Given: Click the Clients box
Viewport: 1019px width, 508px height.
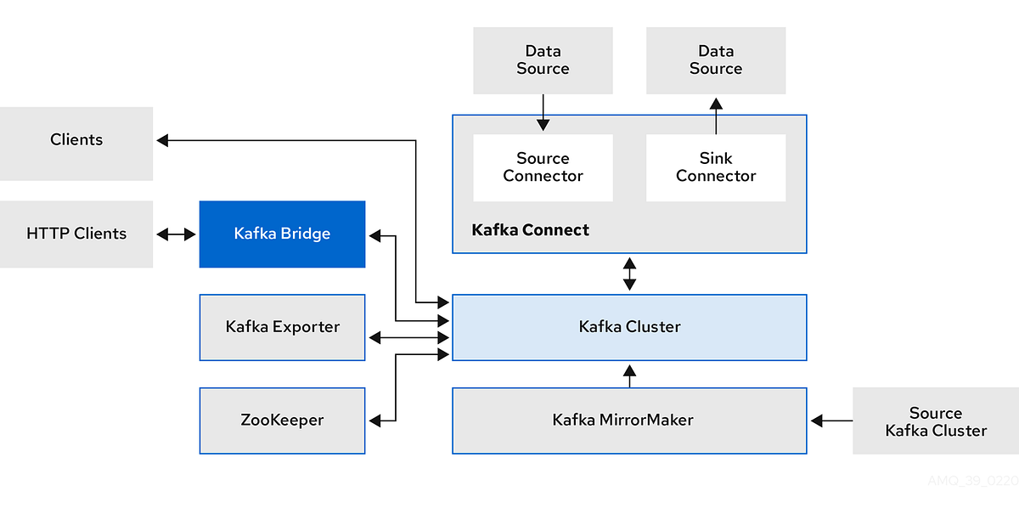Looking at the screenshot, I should pos(76,143).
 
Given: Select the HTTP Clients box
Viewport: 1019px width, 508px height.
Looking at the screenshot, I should pos(76,234).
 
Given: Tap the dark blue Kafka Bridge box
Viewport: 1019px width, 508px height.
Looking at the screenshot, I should pos(282,234).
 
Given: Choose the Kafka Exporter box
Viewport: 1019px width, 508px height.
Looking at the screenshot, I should pos(282,327).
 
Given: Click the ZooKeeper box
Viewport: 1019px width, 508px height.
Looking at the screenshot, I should pos(282,420).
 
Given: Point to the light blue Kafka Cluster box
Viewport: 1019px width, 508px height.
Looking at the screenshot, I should pos(629,327).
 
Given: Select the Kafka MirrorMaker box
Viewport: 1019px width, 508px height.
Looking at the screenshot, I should pos(629,420).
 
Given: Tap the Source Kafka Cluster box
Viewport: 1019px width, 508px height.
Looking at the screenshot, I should pos(935,421).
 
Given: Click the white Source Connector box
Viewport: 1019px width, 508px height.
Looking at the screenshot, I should pos(543,167).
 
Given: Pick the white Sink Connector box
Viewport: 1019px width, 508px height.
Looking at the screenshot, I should pos(716,167).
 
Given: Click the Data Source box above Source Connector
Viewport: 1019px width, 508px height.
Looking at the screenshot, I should pos(543,60).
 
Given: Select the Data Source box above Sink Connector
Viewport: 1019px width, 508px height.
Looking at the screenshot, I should pos(716,60).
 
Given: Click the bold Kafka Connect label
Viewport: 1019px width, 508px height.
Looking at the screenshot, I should pos(530,230).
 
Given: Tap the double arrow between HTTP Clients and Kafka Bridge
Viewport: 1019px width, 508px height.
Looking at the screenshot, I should pos(176,234).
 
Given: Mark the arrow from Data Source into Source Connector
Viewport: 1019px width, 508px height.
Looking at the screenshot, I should pos(543,113).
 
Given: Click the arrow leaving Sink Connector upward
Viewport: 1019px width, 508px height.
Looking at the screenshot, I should pos(716,116).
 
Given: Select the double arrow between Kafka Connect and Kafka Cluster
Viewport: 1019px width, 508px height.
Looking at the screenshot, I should pos(629,274).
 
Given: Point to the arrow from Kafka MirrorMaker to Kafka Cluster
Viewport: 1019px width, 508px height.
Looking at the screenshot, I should pos(629,375).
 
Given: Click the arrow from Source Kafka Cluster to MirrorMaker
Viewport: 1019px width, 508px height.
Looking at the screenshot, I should pos(831,420).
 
